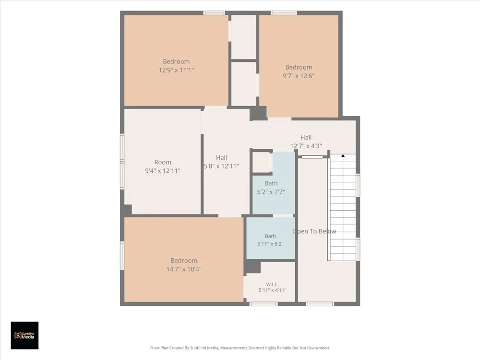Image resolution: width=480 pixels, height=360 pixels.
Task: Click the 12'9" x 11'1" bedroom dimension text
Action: (176, 70)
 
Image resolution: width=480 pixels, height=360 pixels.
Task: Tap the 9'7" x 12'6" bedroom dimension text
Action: (299, 76)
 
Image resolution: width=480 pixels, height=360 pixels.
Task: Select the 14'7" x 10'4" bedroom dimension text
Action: (184, 269)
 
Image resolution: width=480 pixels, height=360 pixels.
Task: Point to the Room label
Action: (163, 162)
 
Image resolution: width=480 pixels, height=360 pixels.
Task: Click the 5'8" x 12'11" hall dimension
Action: (221, 166)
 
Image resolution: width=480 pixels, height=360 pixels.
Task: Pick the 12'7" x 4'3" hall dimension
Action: (306, 146)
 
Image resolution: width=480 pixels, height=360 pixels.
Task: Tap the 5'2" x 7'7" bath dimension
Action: (271, 192)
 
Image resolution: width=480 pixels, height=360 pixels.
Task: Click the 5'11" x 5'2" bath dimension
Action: (270, 244)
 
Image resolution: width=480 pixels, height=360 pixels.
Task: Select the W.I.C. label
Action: (272, 284)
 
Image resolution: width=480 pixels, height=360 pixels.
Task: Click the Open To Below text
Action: (314, 231)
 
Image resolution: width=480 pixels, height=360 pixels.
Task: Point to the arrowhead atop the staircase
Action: (343, 156)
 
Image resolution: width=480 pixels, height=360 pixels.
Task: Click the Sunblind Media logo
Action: (25, 336)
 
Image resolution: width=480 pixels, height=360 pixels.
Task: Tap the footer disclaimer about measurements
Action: (240, 348)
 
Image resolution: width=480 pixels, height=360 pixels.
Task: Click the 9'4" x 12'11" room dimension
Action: (163, 171)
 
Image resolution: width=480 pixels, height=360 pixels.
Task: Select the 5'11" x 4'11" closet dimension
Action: (272, 290)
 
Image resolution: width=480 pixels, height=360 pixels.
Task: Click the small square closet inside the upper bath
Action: (261, 163)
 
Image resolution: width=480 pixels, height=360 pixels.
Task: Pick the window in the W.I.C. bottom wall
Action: (263, 304)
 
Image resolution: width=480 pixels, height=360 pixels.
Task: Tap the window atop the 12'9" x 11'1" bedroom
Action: (214, 13)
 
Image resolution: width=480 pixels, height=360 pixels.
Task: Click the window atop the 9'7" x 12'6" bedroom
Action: (284, 13)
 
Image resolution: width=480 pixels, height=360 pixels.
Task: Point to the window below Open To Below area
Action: (320, 304)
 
